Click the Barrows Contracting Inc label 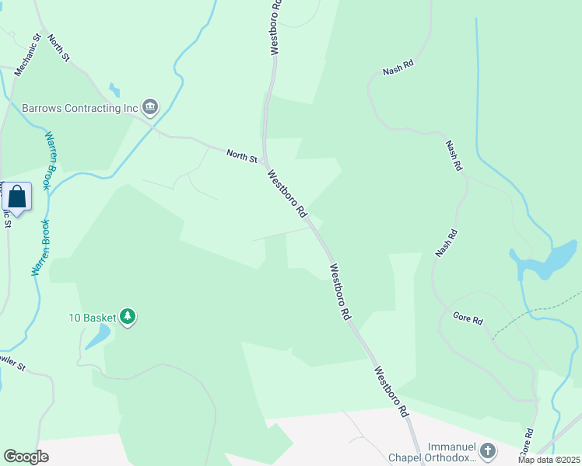click(x=79, y=108)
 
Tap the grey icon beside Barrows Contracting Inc click(x=151, y=108)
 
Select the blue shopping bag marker click(x=18, y=198)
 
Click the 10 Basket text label click(x=92, y=317)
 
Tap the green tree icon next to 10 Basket click(x=128, y=317)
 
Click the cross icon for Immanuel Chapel click(x=487, y=450)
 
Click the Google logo click(x=26, y=457)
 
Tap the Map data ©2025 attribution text click(x=549, y=460)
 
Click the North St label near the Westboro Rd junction click(x=242, y=156)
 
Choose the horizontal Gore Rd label click(x=468, y=318)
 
